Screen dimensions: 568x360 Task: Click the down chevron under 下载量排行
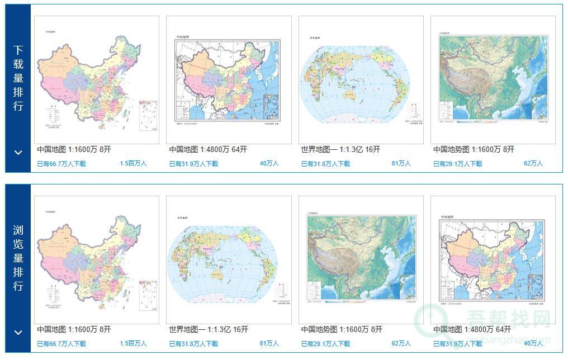pos(18,152)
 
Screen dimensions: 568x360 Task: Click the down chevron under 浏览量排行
pos(18,333)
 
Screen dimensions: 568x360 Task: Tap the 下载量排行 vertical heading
pos(18,78)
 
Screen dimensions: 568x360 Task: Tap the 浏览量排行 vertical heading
pos(18,258)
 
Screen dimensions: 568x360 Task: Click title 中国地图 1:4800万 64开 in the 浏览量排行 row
pos(472,330)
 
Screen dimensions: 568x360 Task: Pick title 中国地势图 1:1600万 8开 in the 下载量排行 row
pos(474,149)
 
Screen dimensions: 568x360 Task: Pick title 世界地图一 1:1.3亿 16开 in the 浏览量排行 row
pos(209,330)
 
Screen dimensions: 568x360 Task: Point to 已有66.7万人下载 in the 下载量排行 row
pos(61,164)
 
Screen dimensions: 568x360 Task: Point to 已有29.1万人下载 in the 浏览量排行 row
pos(325,344)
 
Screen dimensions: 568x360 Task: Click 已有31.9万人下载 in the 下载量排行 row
pos(193,164)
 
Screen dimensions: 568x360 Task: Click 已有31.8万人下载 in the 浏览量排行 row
pos(193,344)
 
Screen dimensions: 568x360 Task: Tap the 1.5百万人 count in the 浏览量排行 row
pos(133,344)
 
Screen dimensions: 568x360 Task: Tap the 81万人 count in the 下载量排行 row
pos(401,164)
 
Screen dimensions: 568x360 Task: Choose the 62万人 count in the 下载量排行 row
pos(533,164)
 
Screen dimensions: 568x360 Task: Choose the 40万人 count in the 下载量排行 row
pos(269,164)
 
